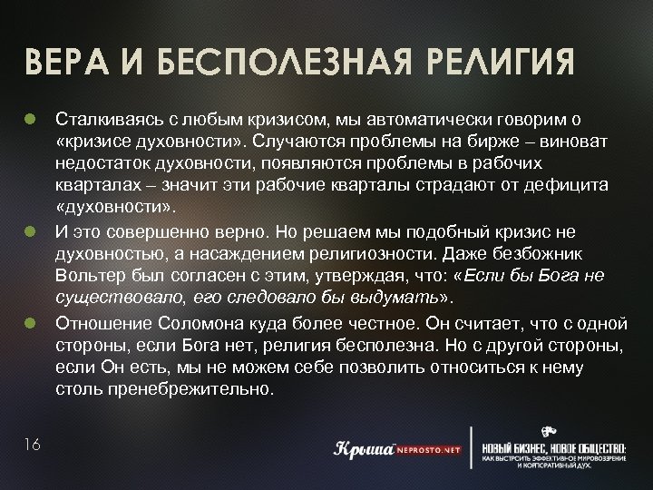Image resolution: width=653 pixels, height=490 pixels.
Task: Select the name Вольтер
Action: click(x=87, y=276)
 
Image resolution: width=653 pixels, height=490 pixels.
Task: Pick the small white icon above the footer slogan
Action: click(x=549, y=431)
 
